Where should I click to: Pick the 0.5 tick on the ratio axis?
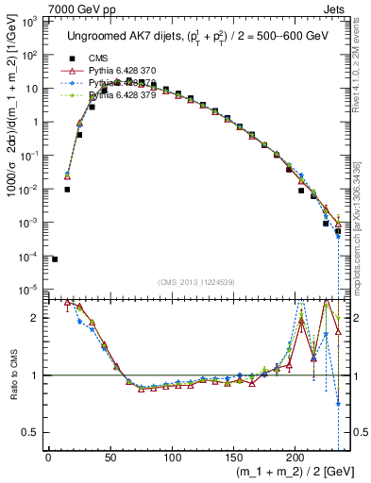(32, 432)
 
